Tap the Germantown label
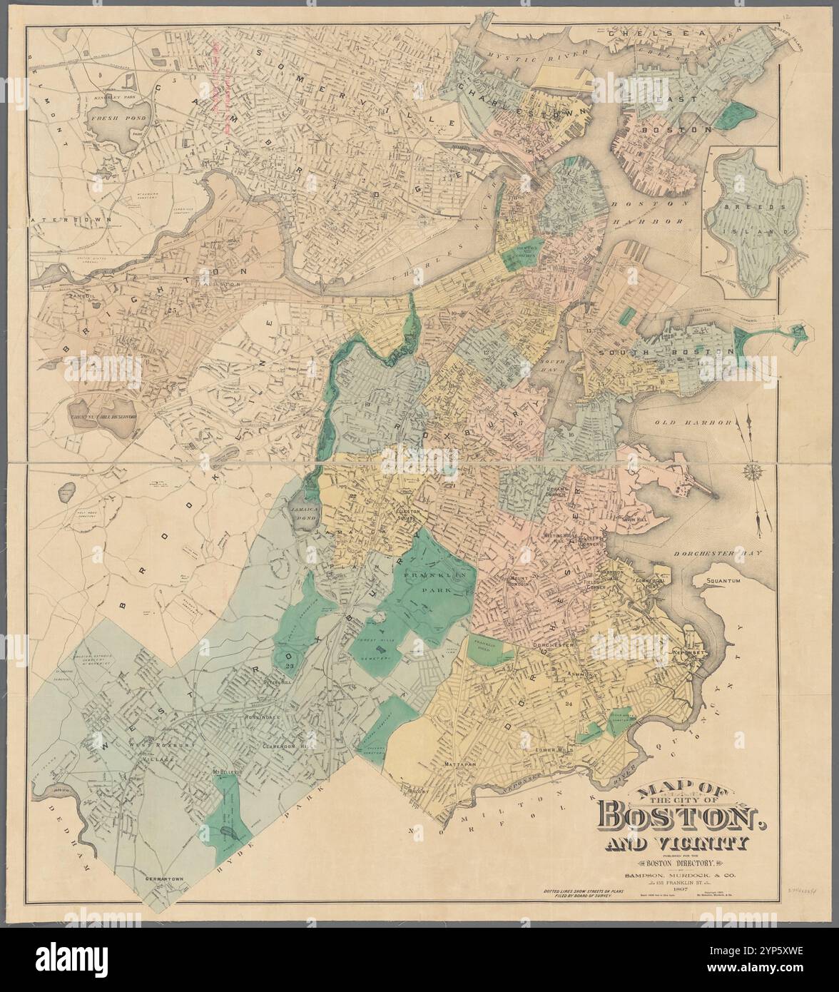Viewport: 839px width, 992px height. (164, 879)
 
